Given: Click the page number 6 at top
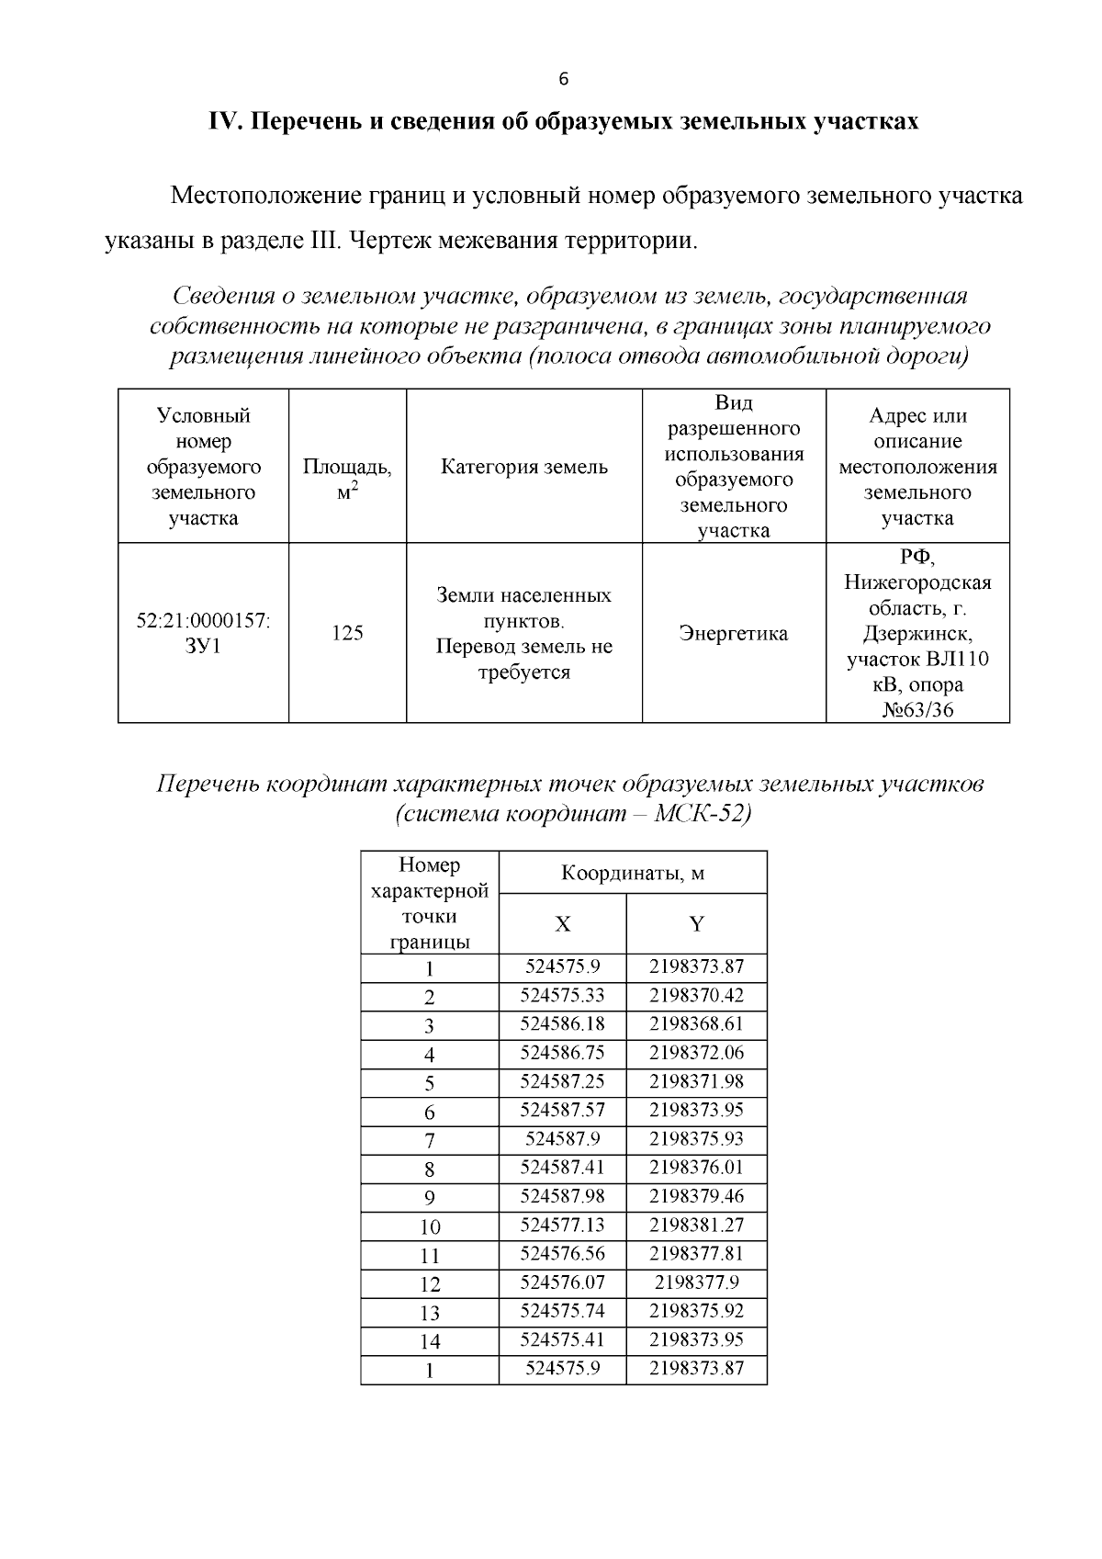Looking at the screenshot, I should pyautogui.click(x=563, y=79).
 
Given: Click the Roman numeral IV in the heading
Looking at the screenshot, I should pyautogui.click(x=224, y=122).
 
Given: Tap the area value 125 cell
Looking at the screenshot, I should pyautogui.click(x=347, y=633).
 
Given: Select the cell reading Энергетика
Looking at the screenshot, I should pyautogui.click(x=733, y=633).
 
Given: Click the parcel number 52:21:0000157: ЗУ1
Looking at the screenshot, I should pyautogui.click(x=203, y=633).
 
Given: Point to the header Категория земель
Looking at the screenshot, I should pyautogui.click(x=523, y=467).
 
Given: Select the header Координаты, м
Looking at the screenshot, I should pyautogui.click(x=632, y=873).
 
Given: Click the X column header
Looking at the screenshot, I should pyautogui.click(x=562, y=924).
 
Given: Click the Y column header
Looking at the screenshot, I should pyautogui.click(x=696, y=924).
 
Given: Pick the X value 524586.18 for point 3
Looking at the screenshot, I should pyautogui.click(x=562, y=1023).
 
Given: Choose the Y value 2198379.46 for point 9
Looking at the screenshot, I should pyautogui.click(x=696, y=1196).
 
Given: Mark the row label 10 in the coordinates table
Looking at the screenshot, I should pyautogui.click(x=430, y=1226).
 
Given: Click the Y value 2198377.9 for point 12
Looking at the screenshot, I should pyautogui.click(x=696, y=1282).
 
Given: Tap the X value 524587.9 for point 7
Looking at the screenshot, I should pyautogui.click(x=562, y=1138).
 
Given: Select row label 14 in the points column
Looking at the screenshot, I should pyautogui.click(x=430, y=1341).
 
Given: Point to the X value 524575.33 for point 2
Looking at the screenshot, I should pyautogui.click(x=562, y=995).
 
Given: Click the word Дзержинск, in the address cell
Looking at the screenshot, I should pyautogui.click(x=916, y=634).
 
